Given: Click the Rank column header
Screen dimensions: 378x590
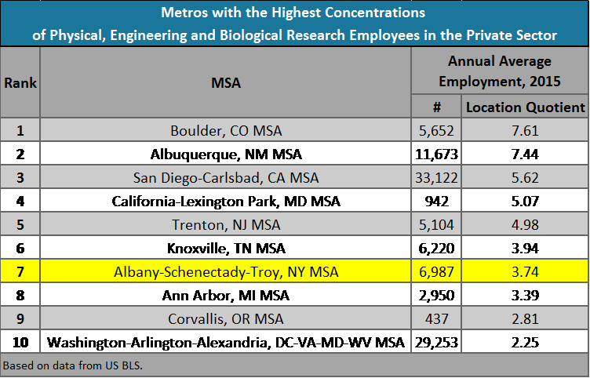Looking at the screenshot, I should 20,83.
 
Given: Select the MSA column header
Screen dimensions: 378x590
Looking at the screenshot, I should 226,83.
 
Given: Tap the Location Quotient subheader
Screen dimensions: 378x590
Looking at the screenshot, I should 524,107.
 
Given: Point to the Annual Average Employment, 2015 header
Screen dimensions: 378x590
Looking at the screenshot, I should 500,71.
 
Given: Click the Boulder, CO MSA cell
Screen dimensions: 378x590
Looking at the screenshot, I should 226,130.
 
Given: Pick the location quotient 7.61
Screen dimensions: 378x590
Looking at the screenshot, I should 524,130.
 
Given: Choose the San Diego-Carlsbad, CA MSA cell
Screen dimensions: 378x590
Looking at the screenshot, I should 226,177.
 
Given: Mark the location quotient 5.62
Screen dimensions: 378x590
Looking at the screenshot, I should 524,177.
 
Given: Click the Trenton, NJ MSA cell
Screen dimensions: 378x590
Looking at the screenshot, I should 226,225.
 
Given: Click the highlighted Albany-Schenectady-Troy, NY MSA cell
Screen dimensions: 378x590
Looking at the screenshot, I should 226,272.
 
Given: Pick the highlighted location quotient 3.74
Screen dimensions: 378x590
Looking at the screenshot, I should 524,272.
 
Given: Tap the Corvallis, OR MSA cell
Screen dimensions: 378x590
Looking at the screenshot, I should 226,319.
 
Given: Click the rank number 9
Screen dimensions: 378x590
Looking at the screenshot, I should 20,319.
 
